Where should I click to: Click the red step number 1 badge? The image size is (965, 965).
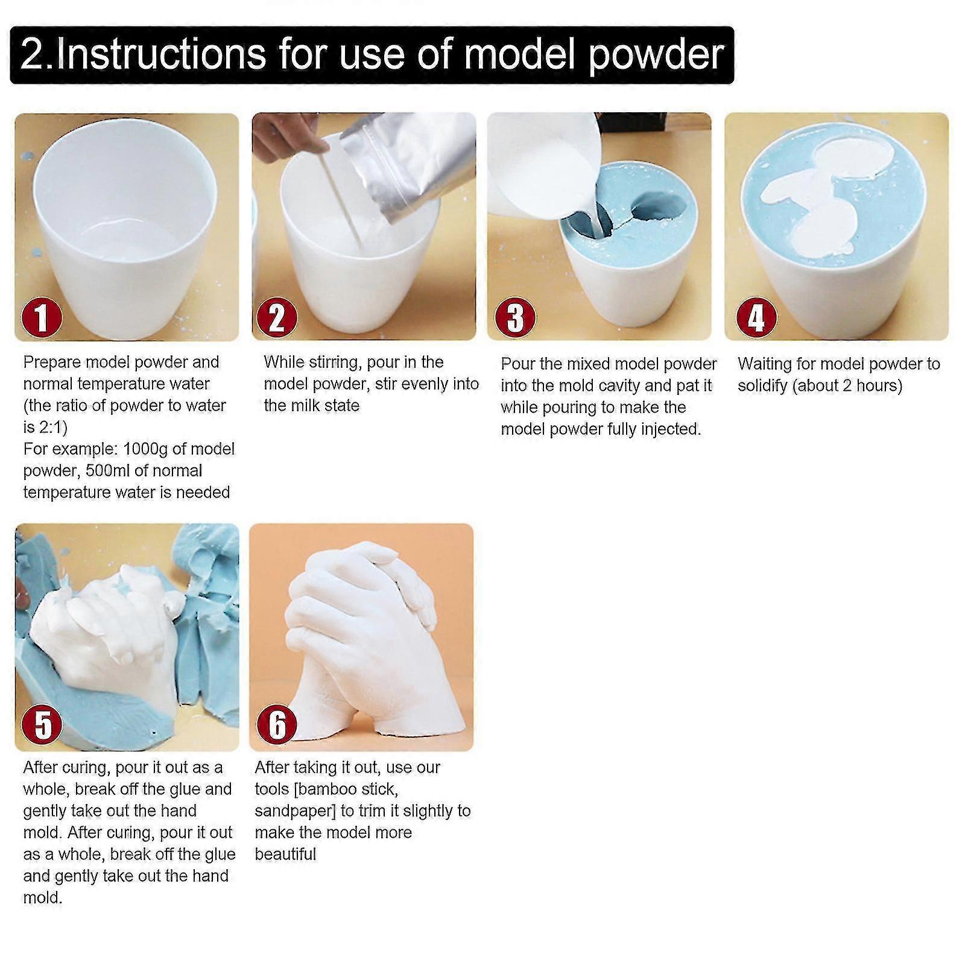click(42, 317)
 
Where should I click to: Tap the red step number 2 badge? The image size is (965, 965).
click(276, 317)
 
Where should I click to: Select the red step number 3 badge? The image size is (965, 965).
click(515, 317)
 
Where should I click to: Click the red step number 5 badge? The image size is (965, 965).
click(42, 725)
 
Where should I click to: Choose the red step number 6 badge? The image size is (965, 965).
click(276, 725)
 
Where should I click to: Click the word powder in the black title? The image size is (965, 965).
click(656, 55)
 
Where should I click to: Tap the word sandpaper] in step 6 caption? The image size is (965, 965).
click(295, 811)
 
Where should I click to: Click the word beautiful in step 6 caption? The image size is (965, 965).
click(285, 855)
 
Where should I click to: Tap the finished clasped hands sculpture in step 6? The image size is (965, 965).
click(362, 639)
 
